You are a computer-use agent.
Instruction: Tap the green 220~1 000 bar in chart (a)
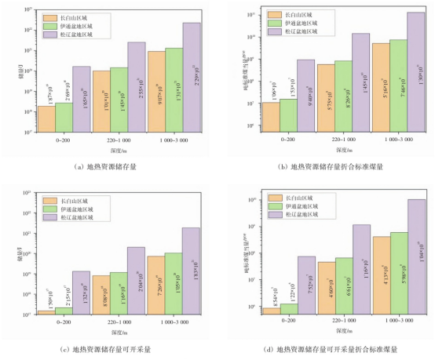click(119, 99)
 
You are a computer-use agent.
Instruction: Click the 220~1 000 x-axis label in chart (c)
click(119, 323)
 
